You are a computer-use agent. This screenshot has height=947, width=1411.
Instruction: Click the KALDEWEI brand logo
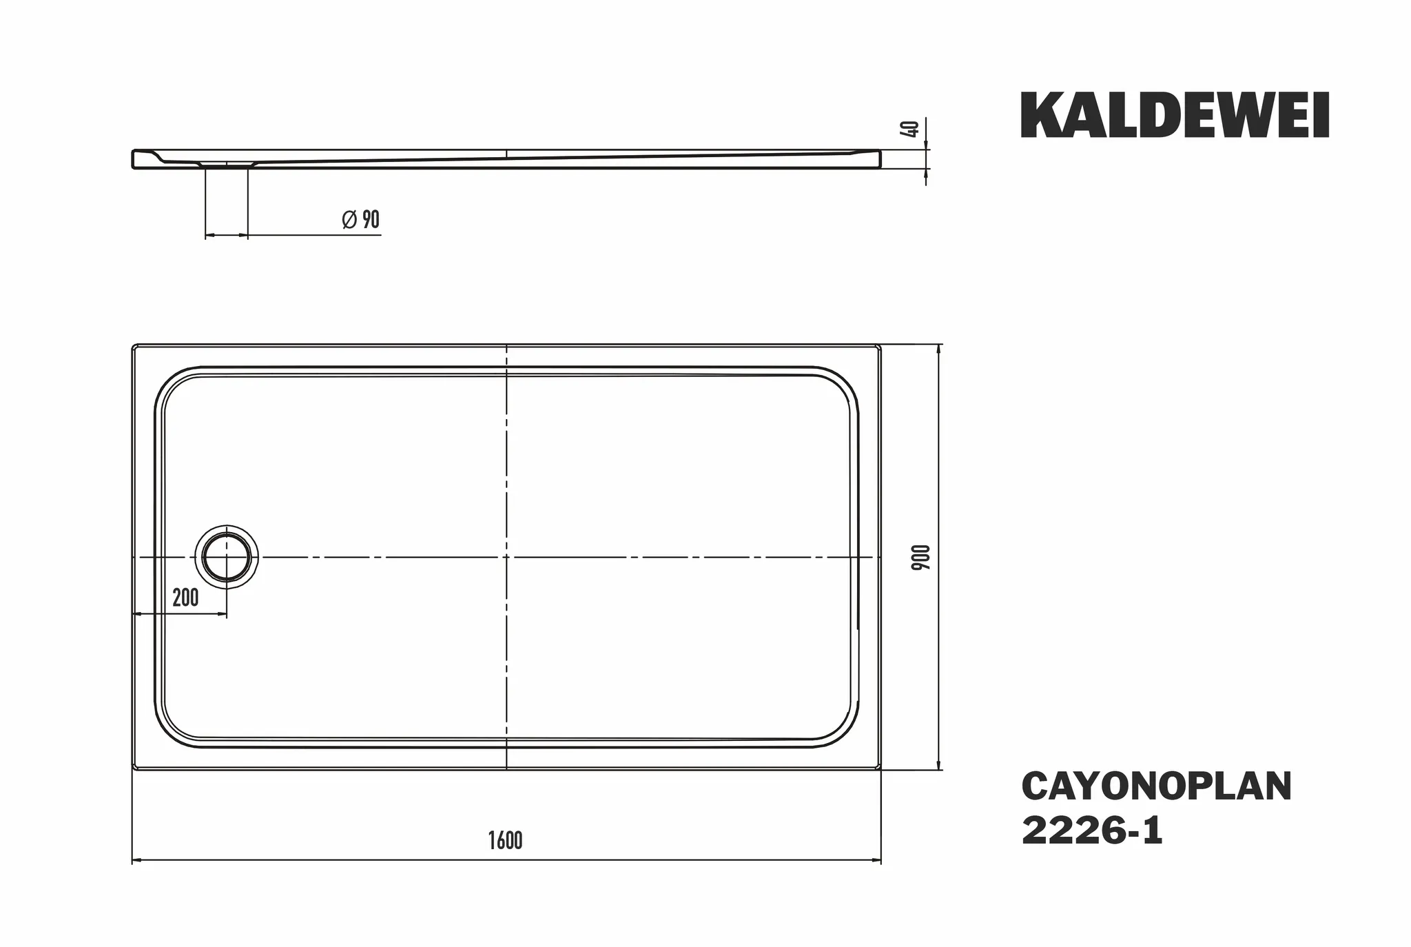tap(1175, 116)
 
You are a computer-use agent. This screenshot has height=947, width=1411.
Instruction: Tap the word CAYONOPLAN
tap(1157, 786)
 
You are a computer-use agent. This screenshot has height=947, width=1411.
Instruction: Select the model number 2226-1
tap(1092, 831)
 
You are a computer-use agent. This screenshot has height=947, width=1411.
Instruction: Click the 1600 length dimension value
tap(506, 840)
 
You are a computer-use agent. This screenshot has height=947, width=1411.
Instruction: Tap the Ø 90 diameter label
tap(361, 219)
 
